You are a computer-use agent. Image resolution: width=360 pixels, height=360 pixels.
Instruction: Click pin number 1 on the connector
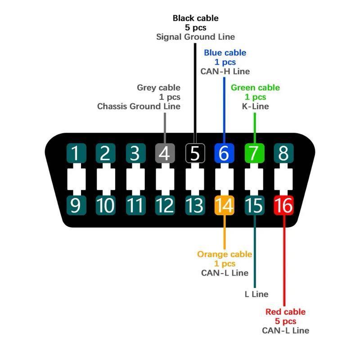click(76, 153)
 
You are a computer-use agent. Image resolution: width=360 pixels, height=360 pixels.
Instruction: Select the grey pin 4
click(165, 153)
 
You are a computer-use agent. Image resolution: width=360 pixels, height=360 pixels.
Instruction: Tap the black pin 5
click(194, 153)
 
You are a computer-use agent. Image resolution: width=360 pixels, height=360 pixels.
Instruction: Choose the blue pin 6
click(224, 153)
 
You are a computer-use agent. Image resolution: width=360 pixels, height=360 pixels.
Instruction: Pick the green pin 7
click(254, 153)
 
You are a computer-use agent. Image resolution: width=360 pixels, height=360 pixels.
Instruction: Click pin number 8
click(283, 153)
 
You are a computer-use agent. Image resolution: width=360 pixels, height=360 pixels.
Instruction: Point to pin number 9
click(76, 205)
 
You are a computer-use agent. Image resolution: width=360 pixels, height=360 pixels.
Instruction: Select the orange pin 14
click(224, 205)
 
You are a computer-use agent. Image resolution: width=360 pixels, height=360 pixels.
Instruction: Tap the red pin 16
click(283, 205)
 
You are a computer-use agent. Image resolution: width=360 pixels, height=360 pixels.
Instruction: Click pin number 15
click(254, 205)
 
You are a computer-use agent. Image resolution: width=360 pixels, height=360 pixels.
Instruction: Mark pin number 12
click(165, 205)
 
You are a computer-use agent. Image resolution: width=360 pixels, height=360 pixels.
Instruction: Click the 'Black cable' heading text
click(195, 18)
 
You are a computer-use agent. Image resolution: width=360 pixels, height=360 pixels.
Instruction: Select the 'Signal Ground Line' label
click(195, 37)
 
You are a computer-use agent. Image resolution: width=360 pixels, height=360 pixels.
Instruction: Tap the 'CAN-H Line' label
click(225, 71)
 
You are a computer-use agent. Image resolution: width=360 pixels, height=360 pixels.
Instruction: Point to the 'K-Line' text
click(255, 106)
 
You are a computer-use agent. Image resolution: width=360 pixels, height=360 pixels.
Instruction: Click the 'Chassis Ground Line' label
click(139, 106)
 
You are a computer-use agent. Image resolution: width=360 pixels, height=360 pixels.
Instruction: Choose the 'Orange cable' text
click(225, 254)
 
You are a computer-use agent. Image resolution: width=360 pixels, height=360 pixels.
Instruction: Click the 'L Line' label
click(256, 294)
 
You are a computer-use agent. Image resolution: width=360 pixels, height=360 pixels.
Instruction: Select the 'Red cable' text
click(285, 312)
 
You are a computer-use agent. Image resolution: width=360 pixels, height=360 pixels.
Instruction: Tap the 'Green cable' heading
click(255, 87)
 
